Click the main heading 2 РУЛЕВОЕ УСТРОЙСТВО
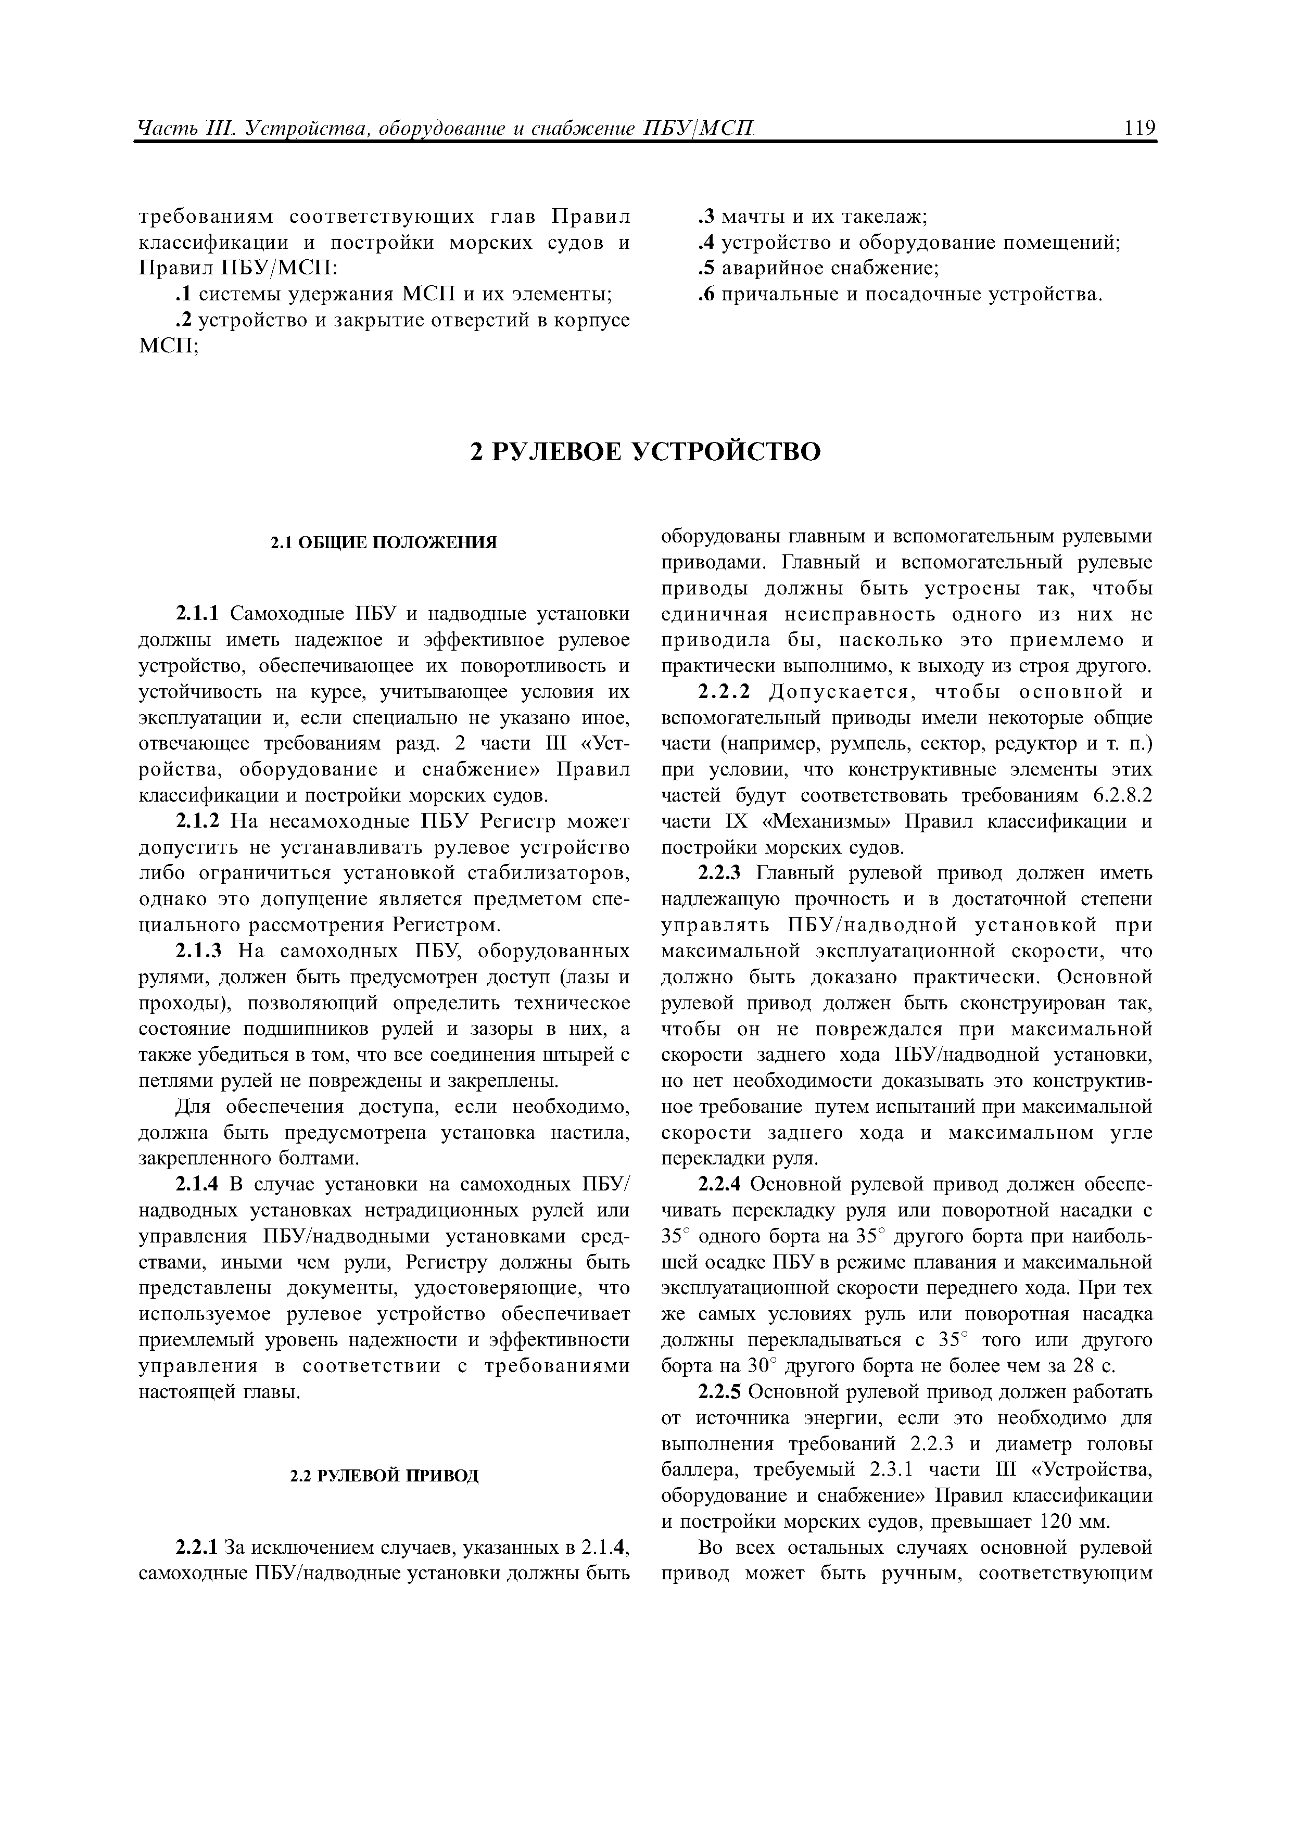(645, 452)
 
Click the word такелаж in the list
(884, 217)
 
